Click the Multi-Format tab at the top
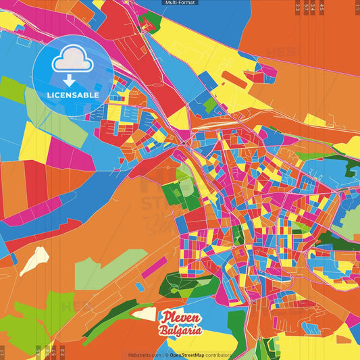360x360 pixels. tap(180, 3)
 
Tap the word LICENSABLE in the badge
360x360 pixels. tap(73, 95)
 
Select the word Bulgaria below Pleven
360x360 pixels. tap(180, 330)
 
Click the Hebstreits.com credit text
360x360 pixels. tap(145, 355)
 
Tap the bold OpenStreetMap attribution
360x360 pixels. tap(187, 355)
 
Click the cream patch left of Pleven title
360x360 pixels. tap(144, 313)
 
